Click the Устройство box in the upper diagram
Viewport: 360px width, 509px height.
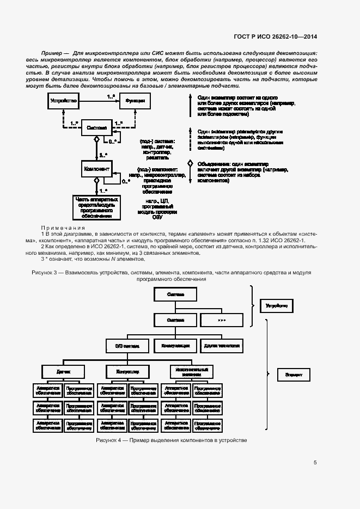[x=63, y=101]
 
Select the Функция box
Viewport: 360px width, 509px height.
[x=135, y=101]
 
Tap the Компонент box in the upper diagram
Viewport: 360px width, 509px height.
[x=96, y=169]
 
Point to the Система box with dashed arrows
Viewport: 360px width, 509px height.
[x=97, y=128]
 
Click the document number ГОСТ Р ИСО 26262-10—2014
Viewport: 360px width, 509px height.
[x=275, y=37]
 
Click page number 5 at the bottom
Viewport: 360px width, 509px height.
[x=315, y=463]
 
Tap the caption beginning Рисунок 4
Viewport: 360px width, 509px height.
[x=171, y=439]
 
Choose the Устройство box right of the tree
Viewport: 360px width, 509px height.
[x=277, y=306]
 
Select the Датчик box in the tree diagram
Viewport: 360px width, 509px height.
[x=64, y=372]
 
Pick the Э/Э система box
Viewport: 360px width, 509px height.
[x=127, y=346]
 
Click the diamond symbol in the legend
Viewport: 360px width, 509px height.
[x=190, y=163]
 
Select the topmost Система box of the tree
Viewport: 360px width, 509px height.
[x=176, y=295]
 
